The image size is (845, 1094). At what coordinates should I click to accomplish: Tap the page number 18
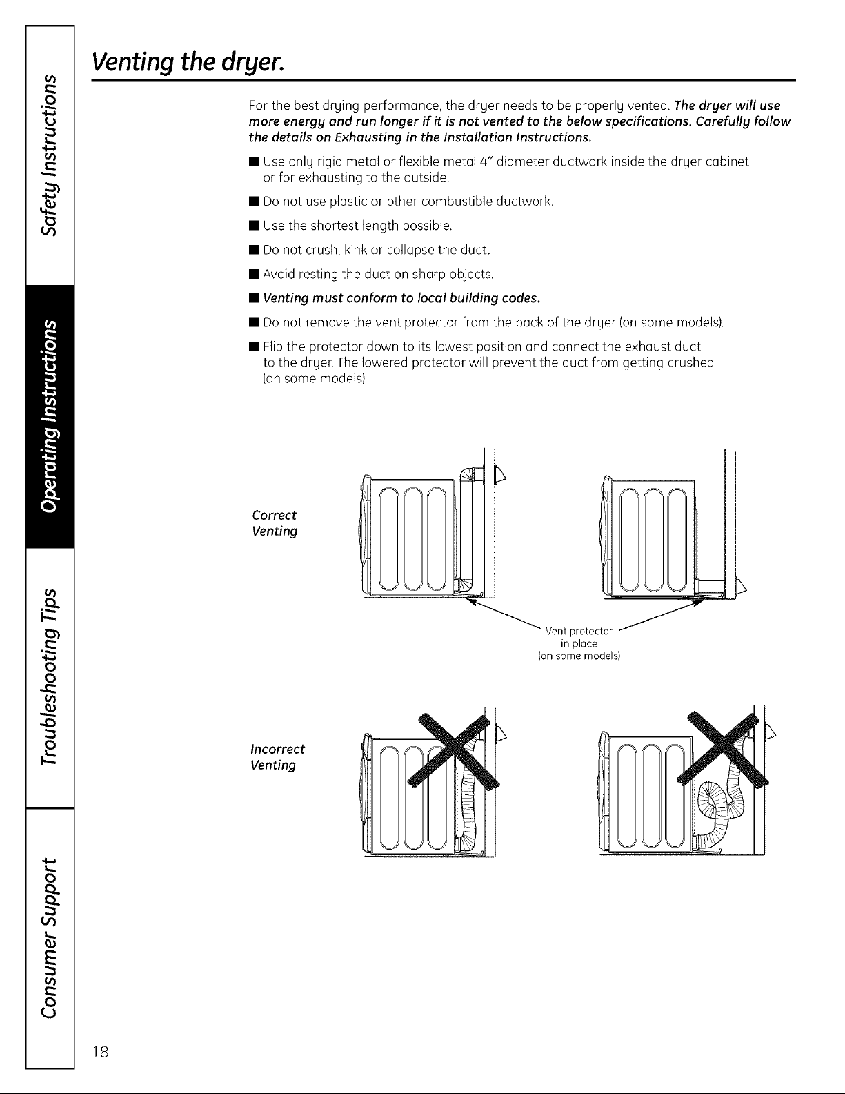point(101,1052)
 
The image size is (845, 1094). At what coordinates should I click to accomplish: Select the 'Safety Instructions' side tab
point(48,145)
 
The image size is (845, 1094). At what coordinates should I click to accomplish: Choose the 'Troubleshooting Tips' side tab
point(48,676)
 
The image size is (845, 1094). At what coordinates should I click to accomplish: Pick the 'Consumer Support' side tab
point(48,935)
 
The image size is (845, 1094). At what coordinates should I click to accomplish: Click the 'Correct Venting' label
point(275,523)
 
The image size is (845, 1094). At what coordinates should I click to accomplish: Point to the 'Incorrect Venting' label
point(277,757)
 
